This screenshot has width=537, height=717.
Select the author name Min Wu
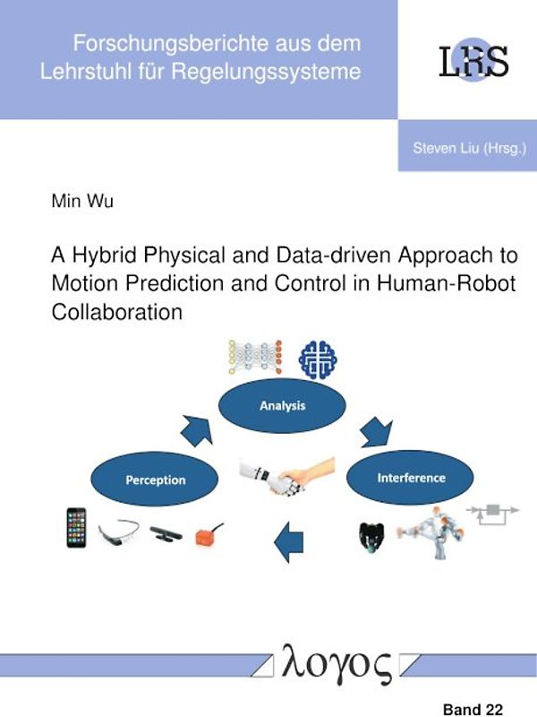click(82, 201)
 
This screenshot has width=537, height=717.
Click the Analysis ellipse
click(282, 406)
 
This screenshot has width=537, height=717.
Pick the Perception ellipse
click(155, 479)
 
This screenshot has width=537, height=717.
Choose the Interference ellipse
click(410, 477)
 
